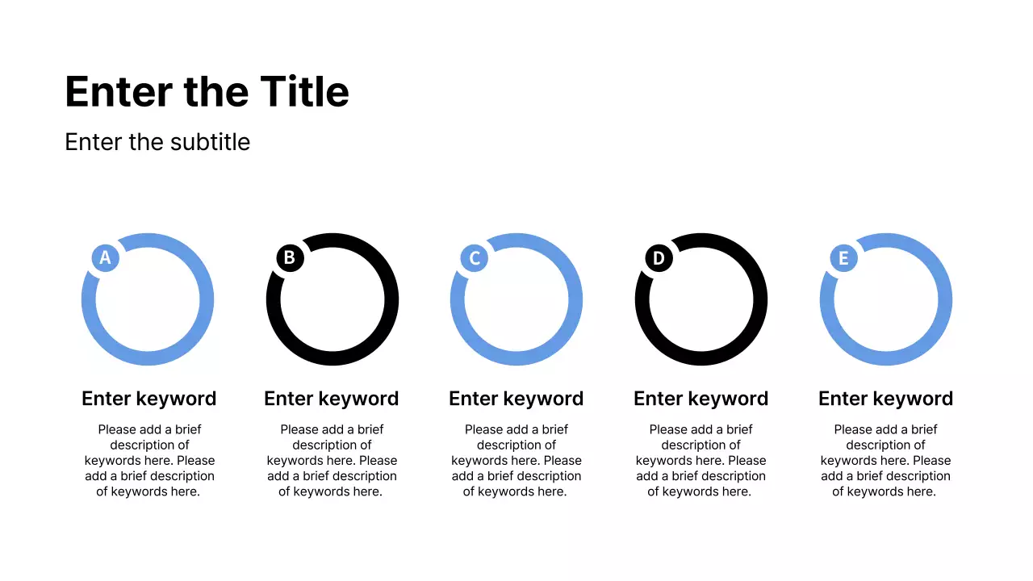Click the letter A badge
tap(105, 258)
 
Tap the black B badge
tap(290, 258)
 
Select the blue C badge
tap(475, 258)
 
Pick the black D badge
tap(659, 258)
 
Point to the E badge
tap(843, 258)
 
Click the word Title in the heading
tap(304, 91)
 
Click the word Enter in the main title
tap(119, 91)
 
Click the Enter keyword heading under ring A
tap(149, 399)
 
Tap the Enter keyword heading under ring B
tap(332, 399)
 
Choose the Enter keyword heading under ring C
tap(516, 399)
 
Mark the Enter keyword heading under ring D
tap(701, 399)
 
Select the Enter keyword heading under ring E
tap(886, 399)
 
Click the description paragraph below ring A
tap(149, 461)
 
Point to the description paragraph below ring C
tap(516, 461)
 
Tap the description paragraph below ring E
tap(886, 461)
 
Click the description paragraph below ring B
tap(332, 461)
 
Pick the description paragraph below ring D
tap(701, 461)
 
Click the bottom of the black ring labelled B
tap(332, 359)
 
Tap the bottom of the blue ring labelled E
tap(886, 359)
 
